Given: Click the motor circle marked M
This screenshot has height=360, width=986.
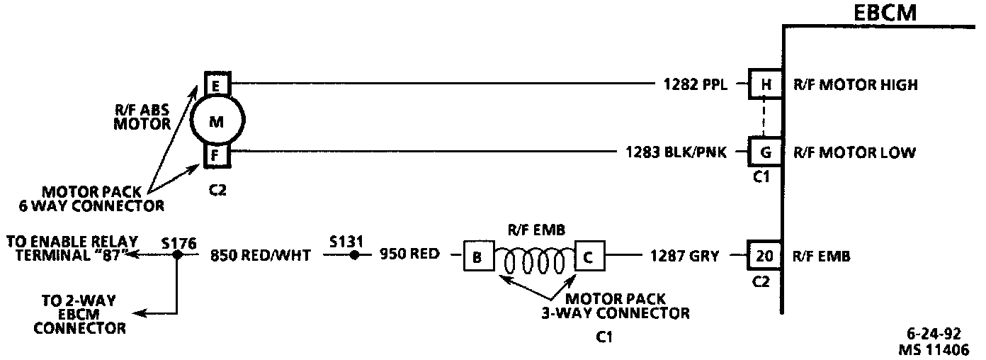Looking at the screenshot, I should (x=216, y=121).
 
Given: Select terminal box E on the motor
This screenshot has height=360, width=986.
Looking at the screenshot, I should (x=215, y=85).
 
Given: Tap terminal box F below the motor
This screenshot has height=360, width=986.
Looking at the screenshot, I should (x=216, y=154).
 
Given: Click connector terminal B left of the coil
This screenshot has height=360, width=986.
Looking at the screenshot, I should (x=477, y=257).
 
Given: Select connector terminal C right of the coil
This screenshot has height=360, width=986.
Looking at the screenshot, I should (x=589, y=257).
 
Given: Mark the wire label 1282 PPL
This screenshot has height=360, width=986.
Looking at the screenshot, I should (x=693, y=85).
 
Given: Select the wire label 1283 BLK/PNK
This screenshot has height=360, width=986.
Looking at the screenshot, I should (x=676, y=152).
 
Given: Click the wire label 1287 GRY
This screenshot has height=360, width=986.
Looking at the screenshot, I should (x=684, y=257).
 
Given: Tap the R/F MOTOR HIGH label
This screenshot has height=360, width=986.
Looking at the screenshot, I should (x=856, y=85).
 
